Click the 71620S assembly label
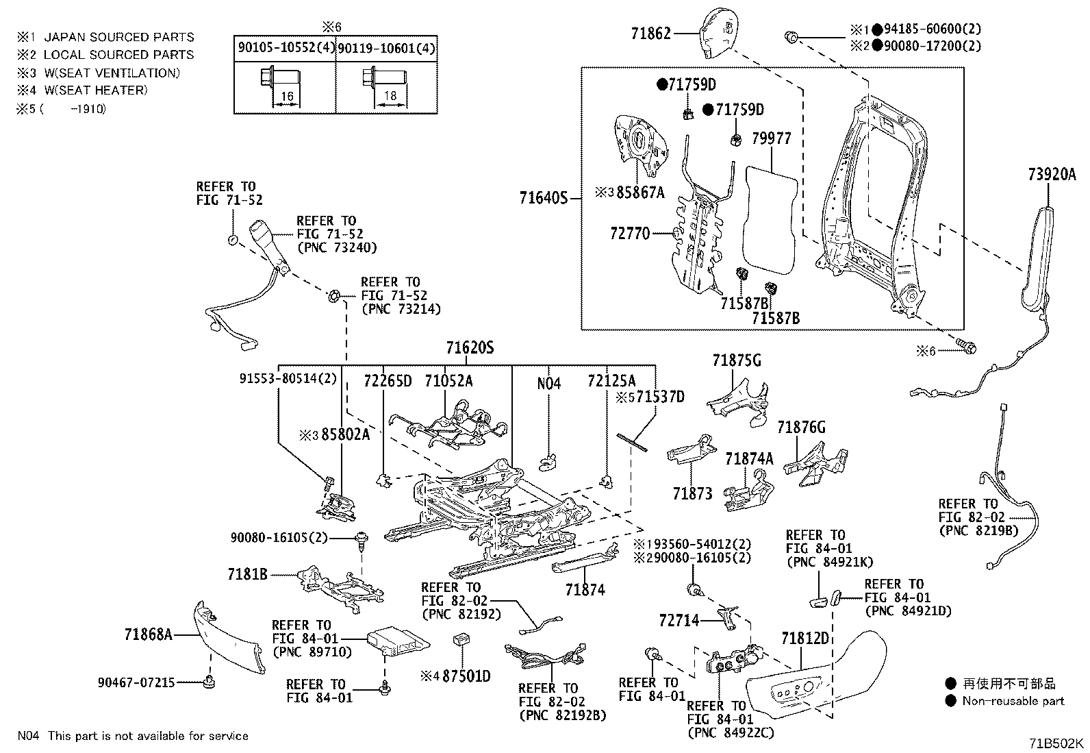[470, 348]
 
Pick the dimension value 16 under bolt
[287, 97]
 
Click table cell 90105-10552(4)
[285, 49]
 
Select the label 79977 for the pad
[771, 138]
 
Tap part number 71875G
[736, 360]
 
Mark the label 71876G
[801, 428]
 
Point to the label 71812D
[805, 639]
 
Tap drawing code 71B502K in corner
[1055, 742]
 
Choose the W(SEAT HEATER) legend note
[95, 90]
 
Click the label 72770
[629, 234]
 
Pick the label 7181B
[247, 574]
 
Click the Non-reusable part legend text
[1013, 700]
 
